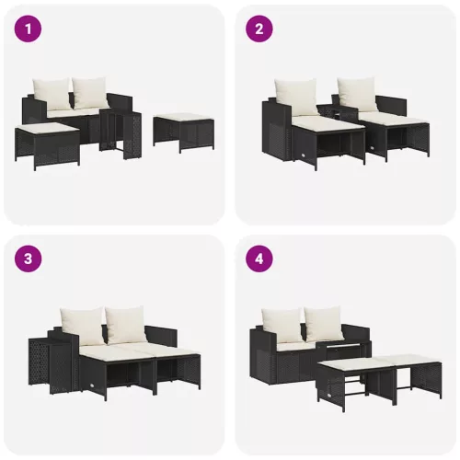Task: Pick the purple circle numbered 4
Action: tap(259, 259)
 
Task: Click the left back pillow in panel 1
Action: tap(52, 93)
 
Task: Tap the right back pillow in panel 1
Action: tap(89, 91)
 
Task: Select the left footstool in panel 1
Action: tap(47, 143)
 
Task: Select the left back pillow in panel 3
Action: tap(81, 323)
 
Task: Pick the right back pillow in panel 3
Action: tap(124, 323)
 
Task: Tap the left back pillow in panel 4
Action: tap(282, 324)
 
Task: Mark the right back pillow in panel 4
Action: tap(323, 324)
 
